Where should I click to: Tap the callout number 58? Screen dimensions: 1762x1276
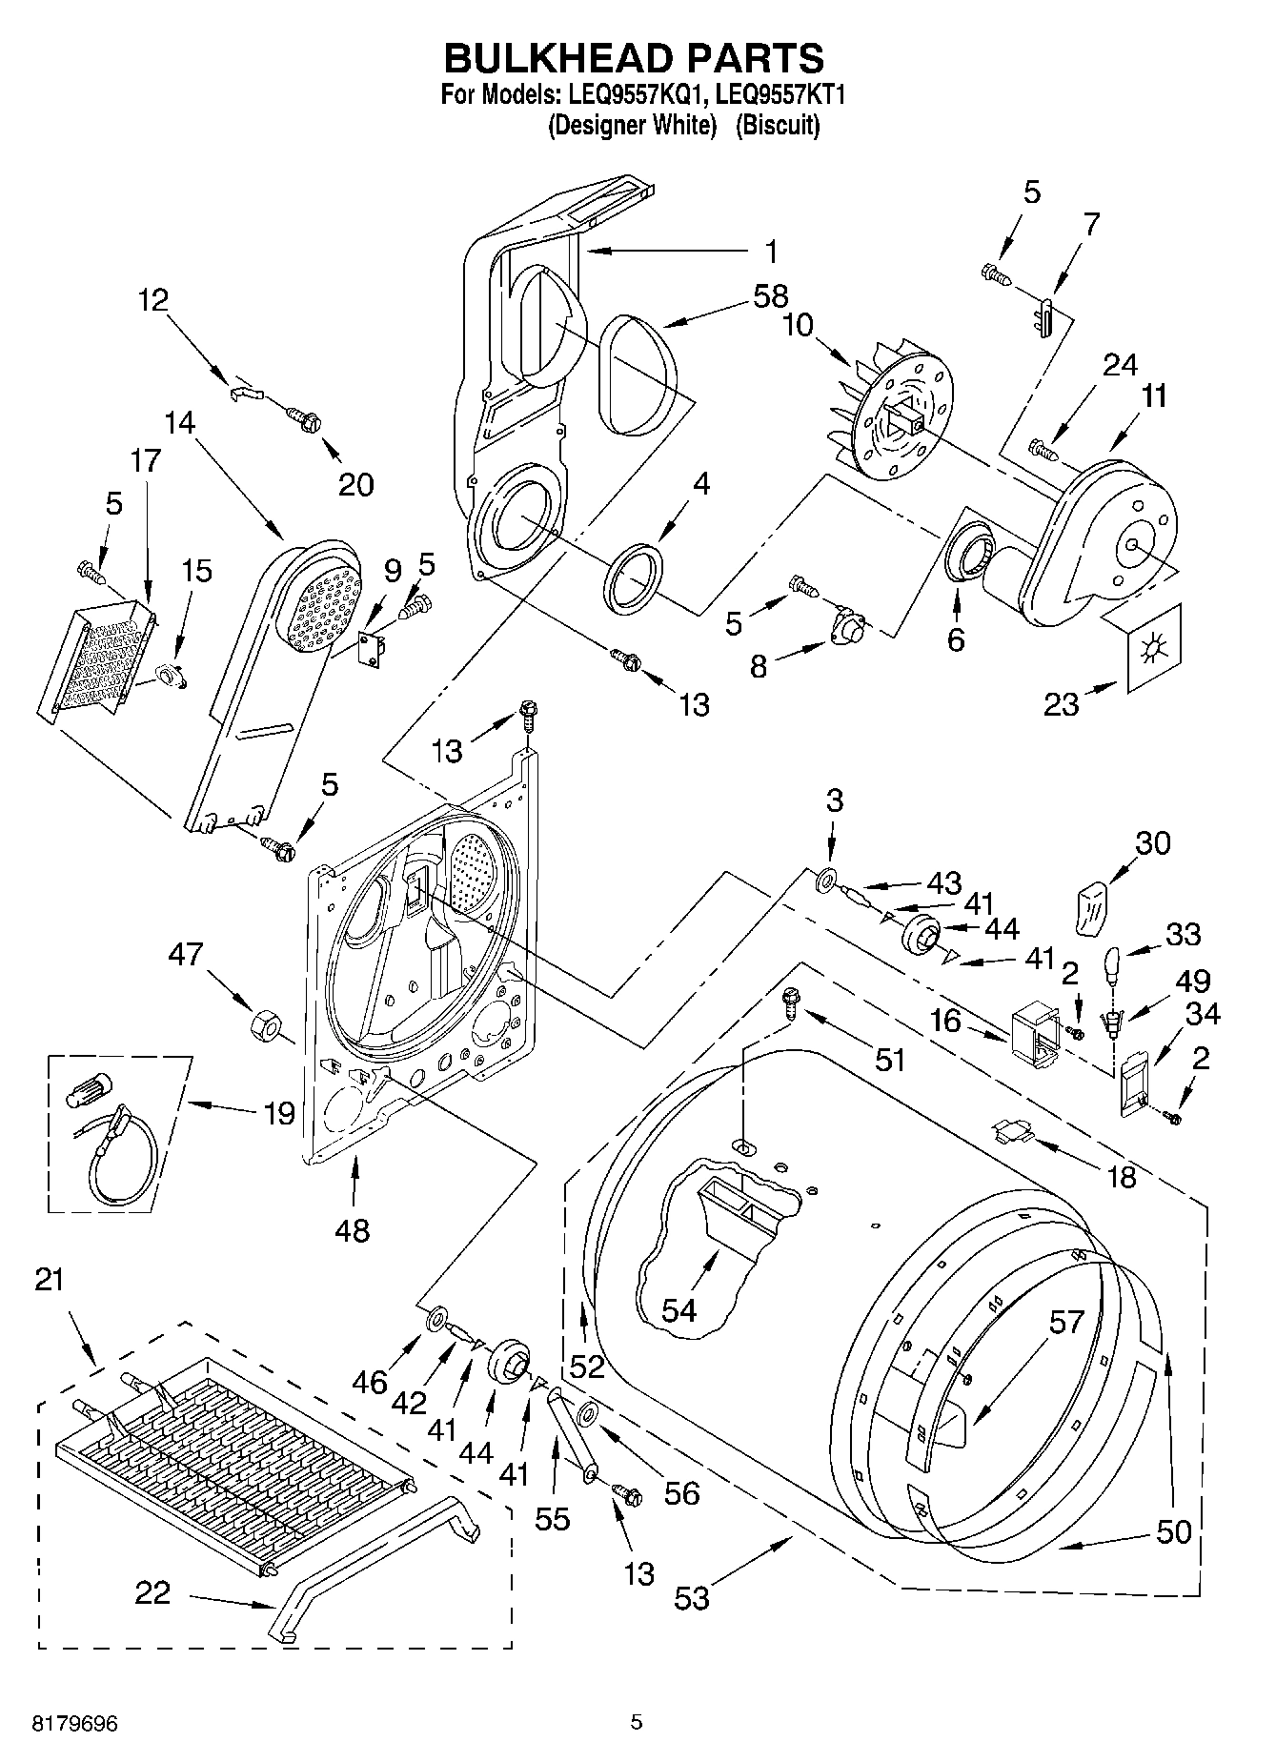[769, 297]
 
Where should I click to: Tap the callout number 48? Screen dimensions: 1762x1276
[353, 1229]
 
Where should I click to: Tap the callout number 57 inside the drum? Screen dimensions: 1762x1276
[1066, 1322]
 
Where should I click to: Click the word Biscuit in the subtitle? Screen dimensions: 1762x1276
[778, 125]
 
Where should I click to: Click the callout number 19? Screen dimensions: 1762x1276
[278, 1113]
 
